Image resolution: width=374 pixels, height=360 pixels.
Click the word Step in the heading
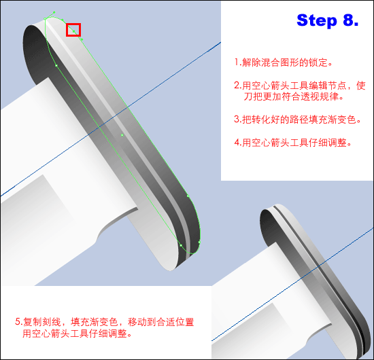316,21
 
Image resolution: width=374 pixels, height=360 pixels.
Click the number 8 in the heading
347,20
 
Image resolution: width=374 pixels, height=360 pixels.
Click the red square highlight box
73,30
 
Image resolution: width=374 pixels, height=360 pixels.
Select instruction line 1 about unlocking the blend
283,62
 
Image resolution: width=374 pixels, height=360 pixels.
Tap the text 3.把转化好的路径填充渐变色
297,120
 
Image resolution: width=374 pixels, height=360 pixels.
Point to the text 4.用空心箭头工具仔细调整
292,143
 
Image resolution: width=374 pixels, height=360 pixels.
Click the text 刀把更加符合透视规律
293,96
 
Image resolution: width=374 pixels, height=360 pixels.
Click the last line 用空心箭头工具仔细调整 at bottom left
77,334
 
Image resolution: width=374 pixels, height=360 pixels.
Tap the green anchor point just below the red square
82,39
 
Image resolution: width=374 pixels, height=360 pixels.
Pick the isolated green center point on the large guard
122,135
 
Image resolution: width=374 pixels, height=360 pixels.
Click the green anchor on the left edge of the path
56,65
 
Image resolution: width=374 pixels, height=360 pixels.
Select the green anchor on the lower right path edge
188,196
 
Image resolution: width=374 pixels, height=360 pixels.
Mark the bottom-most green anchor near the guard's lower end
181,245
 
